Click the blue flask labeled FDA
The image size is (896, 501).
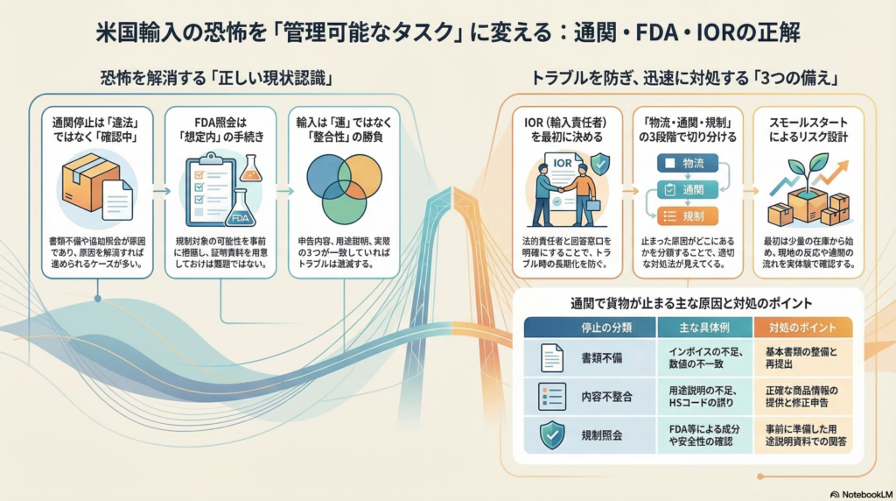[239, 209]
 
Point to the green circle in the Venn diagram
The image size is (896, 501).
[343, 202]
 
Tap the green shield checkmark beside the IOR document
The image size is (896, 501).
[600, 163]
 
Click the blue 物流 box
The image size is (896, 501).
[686, 163]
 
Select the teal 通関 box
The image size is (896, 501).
[686, 188]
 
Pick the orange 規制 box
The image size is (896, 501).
[686, 215]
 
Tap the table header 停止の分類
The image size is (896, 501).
[587, 327]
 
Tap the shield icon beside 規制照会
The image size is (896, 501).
[551, 434]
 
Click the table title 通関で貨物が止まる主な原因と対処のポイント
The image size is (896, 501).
[690, 302]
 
